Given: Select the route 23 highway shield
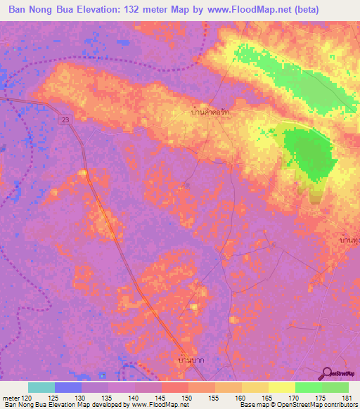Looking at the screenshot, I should pos(64,120).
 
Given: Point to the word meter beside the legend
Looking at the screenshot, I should pos(11,397).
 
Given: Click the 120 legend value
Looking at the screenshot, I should pos(28,397).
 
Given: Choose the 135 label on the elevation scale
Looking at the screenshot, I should pos(109,397).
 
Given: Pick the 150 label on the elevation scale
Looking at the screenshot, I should pos(189,397).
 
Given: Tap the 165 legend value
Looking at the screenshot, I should pos(269,397).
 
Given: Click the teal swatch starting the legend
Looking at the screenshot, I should pos(41,387).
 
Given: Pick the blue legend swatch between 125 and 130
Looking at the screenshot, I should pos(68,387).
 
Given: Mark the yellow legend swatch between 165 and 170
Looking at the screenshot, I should pos(282,387).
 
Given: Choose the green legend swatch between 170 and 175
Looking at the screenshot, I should pos(309,387).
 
